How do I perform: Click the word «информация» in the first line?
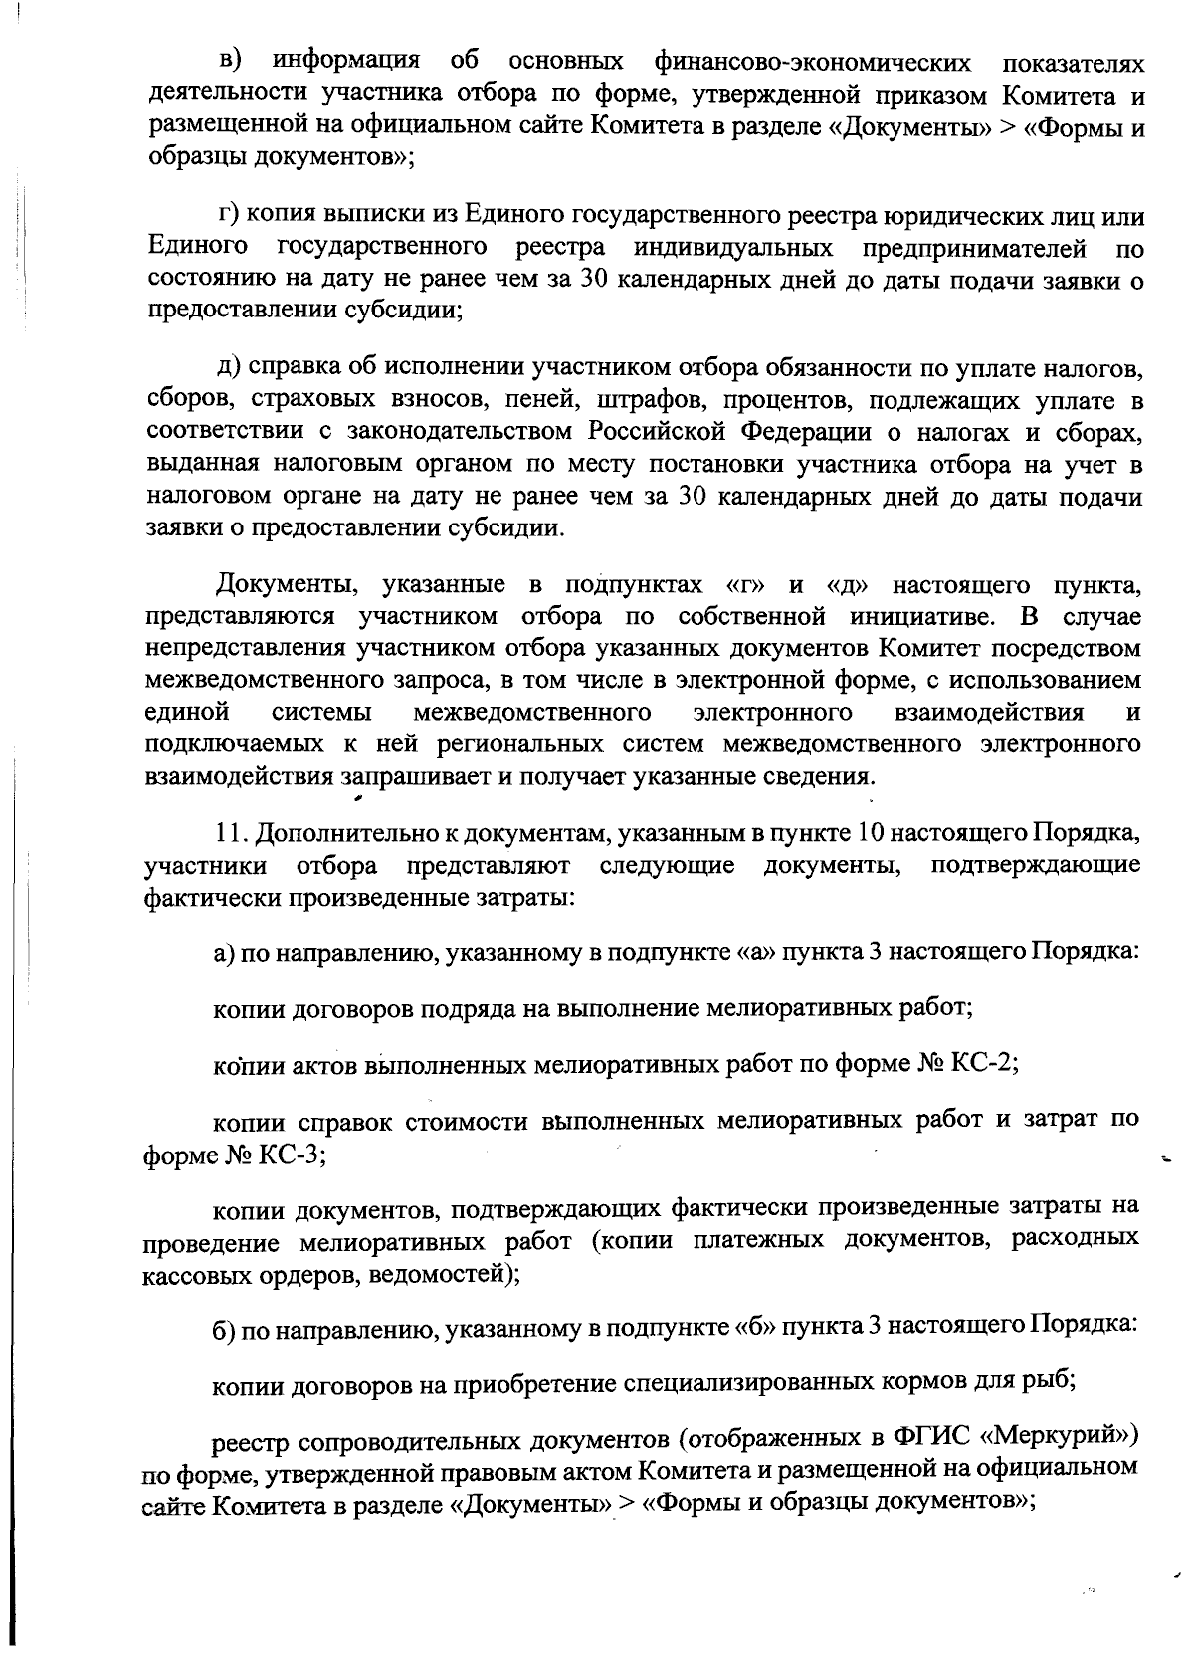point(346,63)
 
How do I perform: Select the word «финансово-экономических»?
point(812,63)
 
